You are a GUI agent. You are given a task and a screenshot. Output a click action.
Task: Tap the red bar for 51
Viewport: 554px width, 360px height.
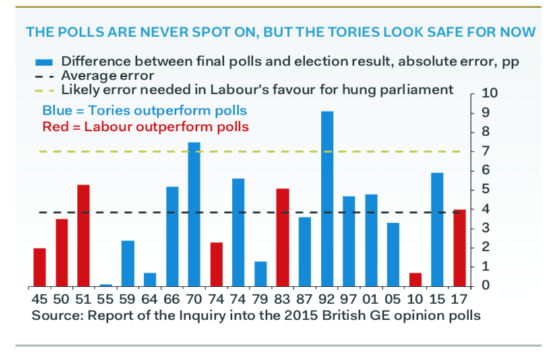coord(84,235)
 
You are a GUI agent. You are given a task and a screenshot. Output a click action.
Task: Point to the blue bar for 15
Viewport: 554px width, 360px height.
coord(437,229)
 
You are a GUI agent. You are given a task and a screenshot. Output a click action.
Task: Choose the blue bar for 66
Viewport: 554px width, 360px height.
coord(172,236)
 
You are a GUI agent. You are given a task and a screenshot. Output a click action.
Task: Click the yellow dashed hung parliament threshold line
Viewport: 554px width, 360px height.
coord(135,152)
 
